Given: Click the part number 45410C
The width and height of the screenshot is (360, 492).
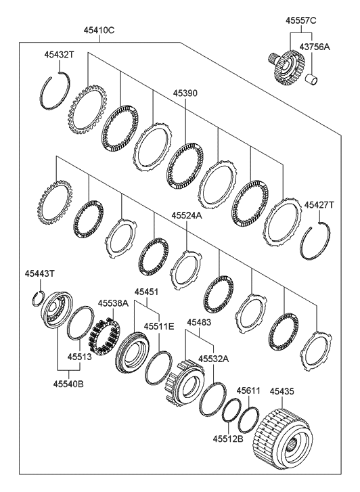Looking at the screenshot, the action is tap(99, 30).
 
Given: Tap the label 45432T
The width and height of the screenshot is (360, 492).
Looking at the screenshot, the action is tap(59, 55).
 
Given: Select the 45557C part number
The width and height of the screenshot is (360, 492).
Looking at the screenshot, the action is tap(300, 21).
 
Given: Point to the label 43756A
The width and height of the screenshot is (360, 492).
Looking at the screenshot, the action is tap(315, 47).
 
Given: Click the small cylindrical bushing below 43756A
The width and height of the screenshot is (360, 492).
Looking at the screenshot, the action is tap(312, 79).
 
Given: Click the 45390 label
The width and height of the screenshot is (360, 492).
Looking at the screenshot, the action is tap(185, 93).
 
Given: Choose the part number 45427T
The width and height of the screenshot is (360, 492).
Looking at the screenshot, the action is tap(319, 205).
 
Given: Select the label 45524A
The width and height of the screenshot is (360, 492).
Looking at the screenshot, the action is tap(187, 216).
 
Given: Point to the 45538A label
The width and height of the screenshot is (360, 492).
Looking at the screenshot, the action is tap(113, 303).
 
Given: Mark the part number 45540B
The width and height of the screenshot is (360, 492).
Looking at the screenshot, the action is tap(68, 384).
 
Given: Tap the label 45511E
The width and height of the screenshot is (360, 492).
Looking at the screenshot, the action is tap(159, 326).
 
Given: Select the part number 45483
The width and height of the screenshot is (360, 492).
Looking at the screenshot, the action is tap(199, 322).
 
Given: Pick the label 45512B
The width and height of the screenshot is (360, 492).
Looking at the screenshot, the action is tap(228, 439).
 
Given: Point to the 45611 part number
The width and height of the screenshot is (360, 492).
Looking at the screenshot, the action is tap(248, 390).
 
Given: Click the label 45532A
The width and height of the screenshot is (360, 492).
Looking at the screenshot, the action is tap(213, 359).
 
